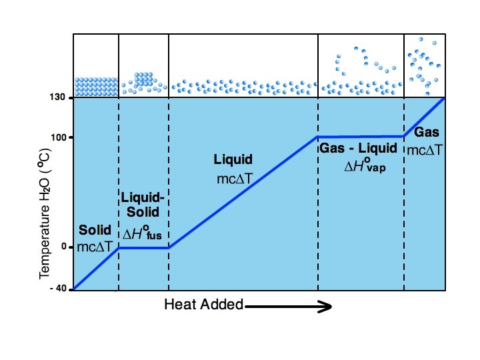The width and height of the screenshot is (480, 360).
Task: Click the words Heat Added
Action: [x=203, y=305]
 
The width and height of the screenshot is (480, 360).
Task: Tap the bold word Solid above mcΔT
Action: [x=95, y=231]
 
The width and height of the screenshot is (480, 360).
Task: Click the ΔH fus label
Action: [x=143, y=234]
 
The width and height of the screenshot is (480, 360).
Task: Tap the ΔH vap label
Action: [x=365, y=166]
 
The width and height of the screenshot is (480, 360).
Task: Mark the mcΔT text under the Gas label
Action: [x=425, y=149]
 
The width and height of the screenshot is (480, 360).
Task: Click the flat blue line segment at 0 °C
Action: [x=143, y=247]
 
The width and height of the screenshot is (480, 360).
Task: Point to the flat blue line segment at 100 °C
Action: [x=361, y=137]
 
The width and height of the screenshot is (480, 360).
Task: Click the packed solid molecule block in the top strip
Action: [x=96, y=87]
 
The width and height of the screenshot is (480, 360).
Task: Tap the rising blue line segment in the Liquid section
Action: [x=243, y=192]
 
